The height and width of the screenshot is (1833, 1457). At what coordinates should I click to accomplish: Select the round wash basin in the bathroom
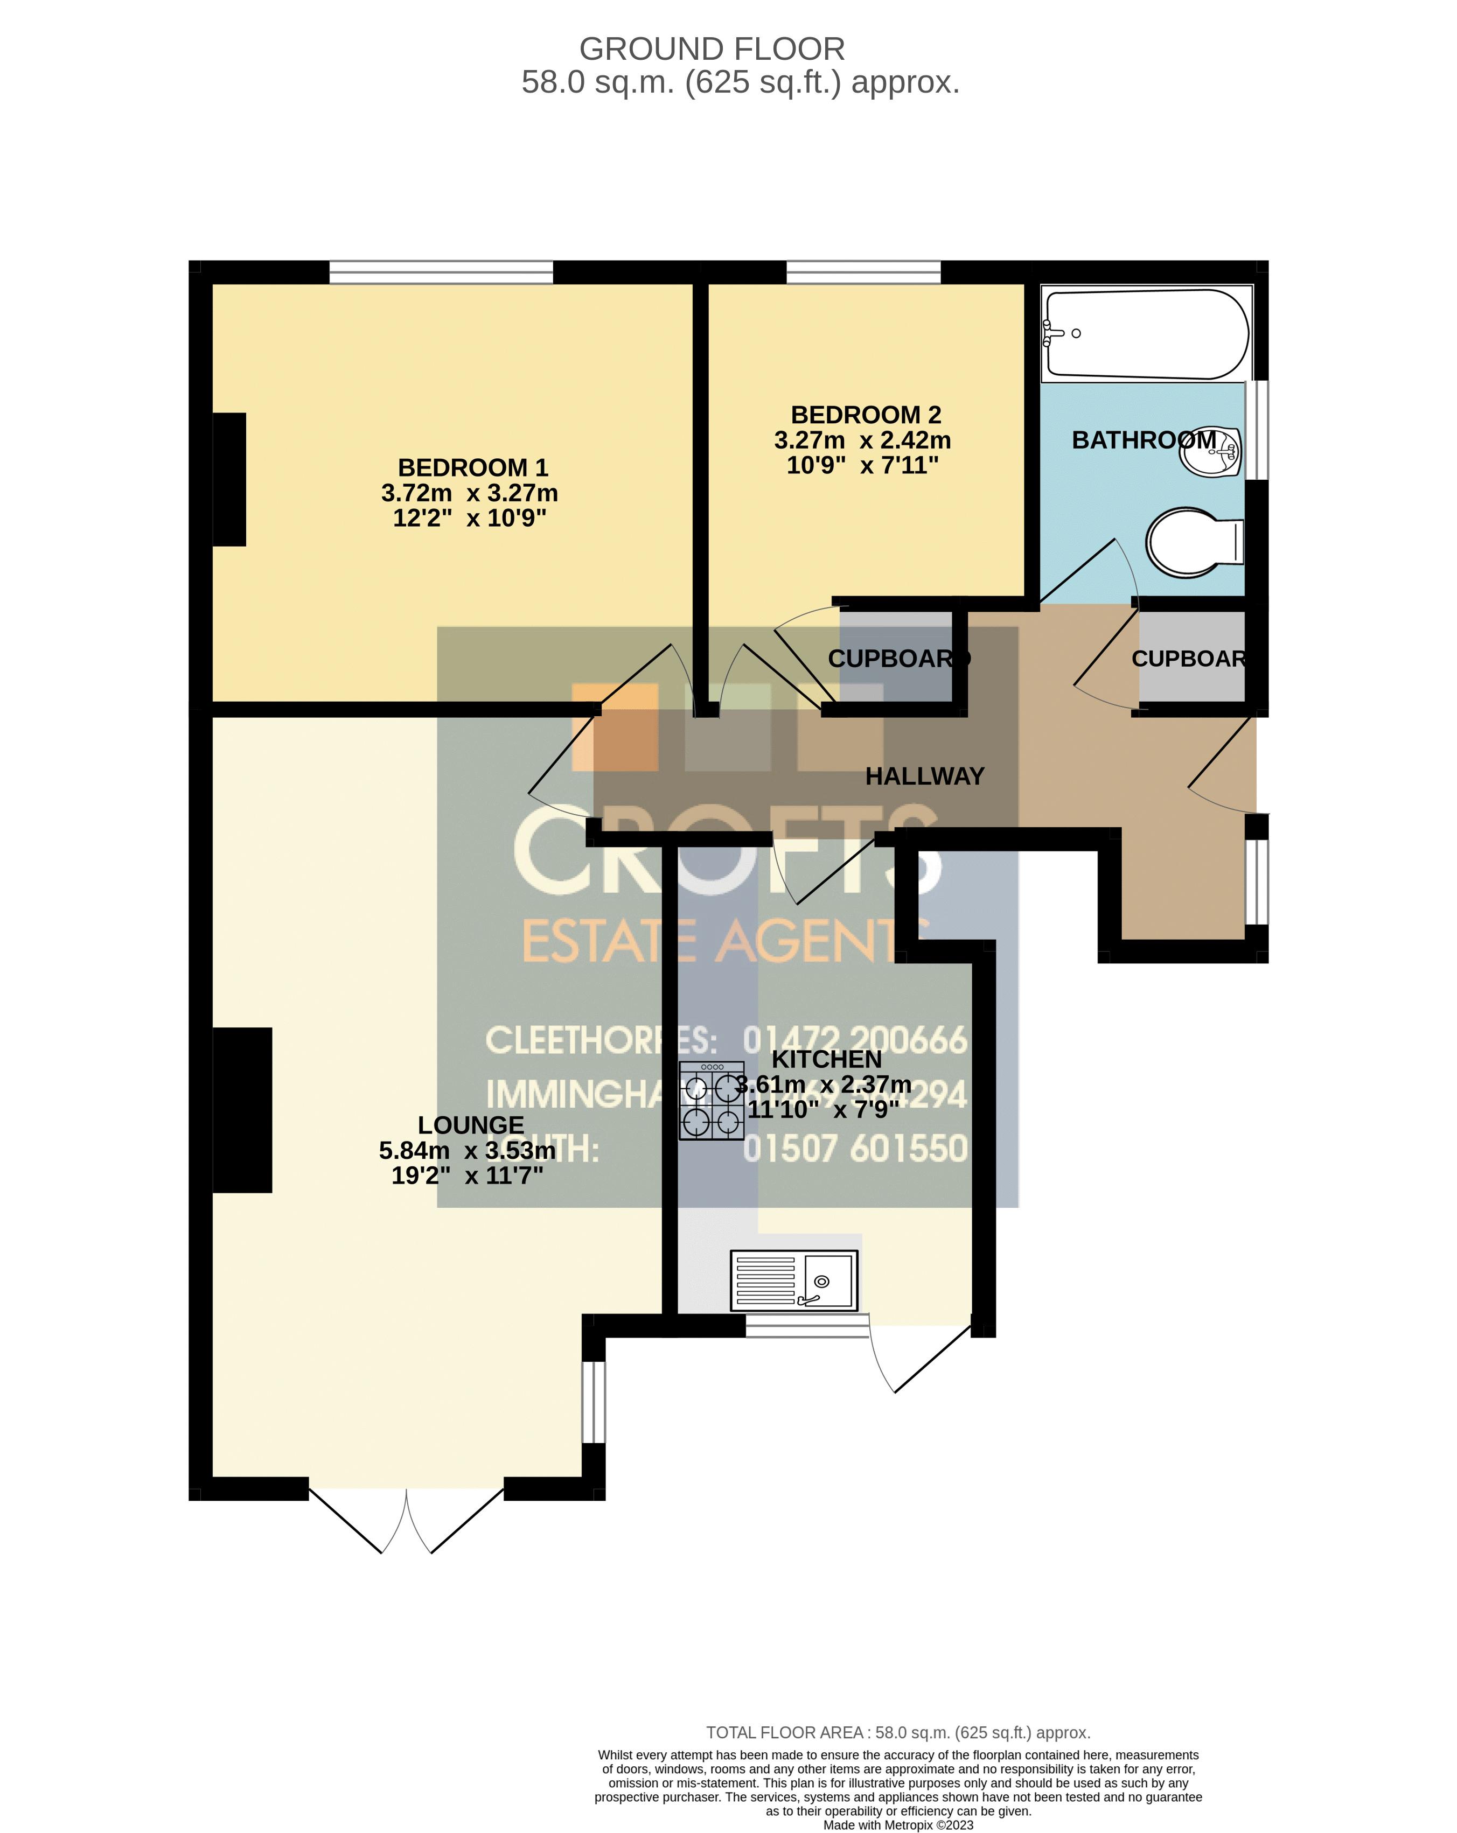[x=1210, y=451]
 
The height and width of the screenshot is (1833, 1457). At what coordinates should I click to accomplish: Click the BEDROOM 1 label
[x=473, y=467]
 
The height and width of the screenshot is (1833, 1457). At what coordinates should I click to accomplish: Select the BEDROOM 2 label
[x=866, y=415]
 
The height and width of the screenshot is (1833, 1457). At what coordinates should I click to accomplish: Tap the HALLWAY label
[x=924, y=776]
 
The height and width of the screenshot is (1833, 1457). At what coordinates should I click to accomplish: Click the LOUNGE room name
[x=470, y=1125]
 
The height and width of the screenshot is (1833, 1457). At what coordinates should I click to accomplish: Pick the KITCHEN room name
[x=826, y=1059]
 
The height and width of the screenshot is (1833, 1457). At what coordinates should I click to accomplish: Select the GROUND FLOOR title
[x=712, y=50]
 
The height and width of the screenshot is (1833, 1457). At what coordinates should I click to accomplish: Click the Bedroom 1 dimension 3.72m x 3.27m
[x=470, y=493]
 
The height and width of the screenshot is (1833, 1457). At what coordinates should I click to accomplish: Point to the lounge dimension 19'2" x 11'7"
[x=467, y=1176]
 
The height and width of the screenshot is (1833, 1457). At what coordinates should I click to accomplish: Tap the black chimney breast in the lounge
[x=242, y=1109]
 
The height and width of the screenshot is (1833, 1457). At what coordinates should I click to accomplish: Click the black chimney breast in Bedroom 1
[x=229, y=479]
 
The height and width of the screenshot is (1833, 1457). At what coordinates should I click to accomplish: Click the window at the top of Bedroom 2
[x=863, y=272]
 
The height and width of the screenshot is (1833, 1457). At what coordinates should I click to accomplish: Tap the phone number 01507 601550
[x=855, y=1149]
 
